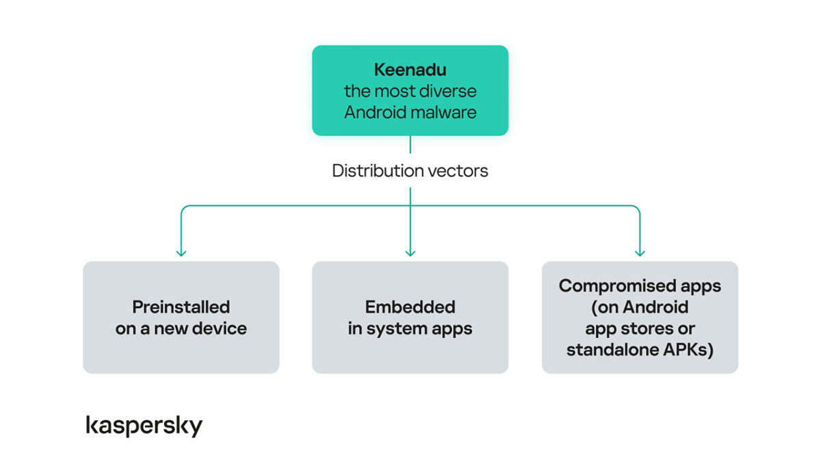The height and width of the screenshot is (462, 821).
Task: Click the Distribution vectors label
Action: tap(410, 171)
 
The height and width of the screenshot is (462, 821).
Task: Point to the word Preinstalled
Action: tap(181, 307)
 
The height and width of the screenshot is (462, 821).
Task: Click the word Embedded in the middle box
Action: tap(410, 307)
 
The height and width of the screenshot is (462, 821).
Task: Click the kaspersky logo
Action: tap(144, 425)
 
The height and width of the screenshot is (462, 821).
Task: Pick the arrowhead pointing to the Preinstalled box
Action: tap(181, 252)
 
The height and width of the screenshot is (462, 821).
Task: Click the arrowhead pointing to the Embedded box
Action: tap(410, 252)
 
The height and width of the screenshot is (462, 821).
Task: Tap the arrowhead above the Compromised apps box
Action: tap(640, 252)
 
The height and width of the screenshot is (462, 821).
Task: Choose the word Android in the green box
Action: tap(374, 112)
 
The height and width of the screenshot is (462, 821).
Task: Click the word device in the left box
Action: tap(219, 329)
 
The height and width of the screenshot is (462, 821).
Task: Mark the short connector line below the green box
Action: tap(410, 144)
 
